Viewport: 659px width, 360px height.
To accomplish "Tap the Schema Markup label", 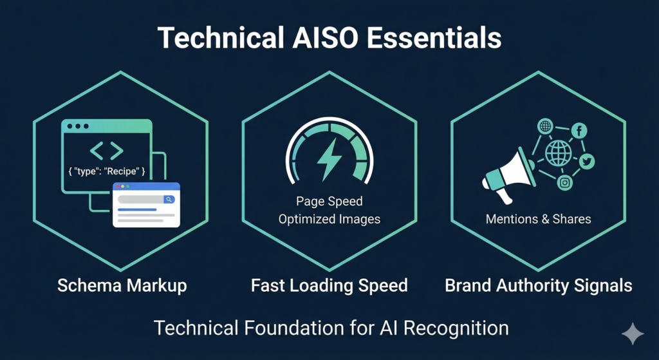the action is [x=122, y=285].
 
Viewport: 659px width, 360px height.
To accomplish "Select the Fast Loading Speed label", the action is [x=329, y=285].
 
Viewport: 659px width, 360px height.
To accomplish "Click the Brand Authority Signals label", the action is [x=539, y=285].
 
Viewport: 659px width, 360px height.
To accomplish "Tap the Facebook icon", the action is [x=579, y=131].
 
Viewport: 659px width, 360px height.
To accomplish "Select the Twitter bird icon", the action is [x=586, y=161].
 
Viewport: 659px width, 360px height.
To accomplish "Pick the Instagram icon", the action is [x=565, y=183].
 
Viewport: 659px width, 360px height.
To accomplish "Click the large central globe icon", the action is [x=558, y=153].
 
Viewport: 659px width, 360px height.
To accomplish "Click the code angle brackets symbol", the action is [x=107, y=151].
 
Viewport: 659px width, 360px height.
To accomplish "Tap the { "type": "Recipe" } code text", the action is [x=107, y=171].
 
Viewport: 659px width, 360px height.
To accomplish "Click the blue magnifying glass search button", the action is [x=169, y=200].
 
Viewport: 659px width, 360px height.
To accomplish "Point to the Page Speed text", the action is [x=329, y=201].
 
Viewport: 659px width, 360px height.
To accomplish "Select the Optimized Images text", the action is [x=329, y=219].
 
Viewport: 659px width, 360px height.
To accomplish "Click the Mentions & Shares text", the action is [x=539, y=219].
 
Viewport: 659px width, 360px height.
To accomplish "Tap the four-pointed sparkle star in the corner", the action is [x=633, y=334].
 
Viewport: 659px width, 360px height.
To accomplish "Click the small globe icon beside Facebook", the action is [x=545, y=126].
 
